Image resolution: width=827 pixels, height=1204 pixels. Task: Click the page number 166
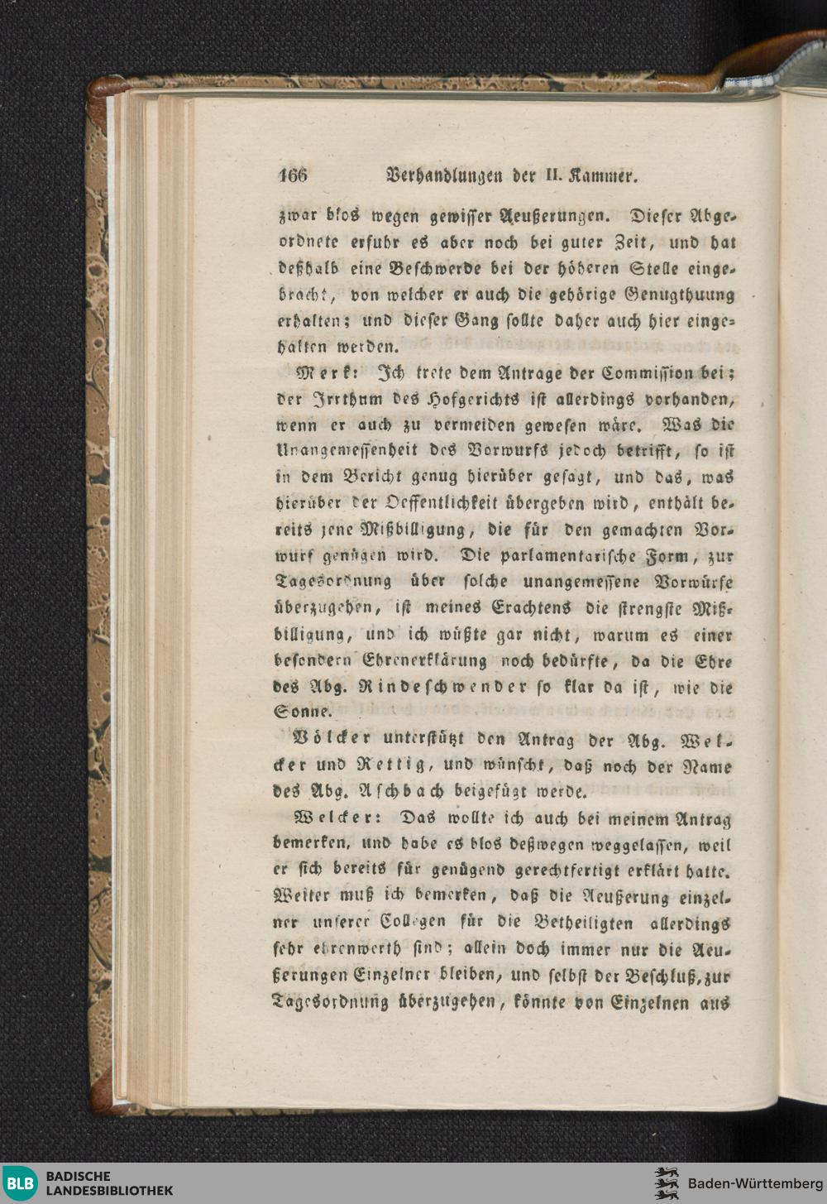click(293, 175)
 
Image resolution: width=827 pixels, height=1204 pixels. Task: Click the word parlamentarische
click(568, 557)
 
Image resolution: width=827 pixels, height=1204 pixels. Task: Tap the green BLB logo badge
click(20, 1183)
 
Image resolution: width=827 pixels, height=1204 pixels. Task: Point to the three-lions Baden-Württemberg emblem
click(666, 1183)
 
